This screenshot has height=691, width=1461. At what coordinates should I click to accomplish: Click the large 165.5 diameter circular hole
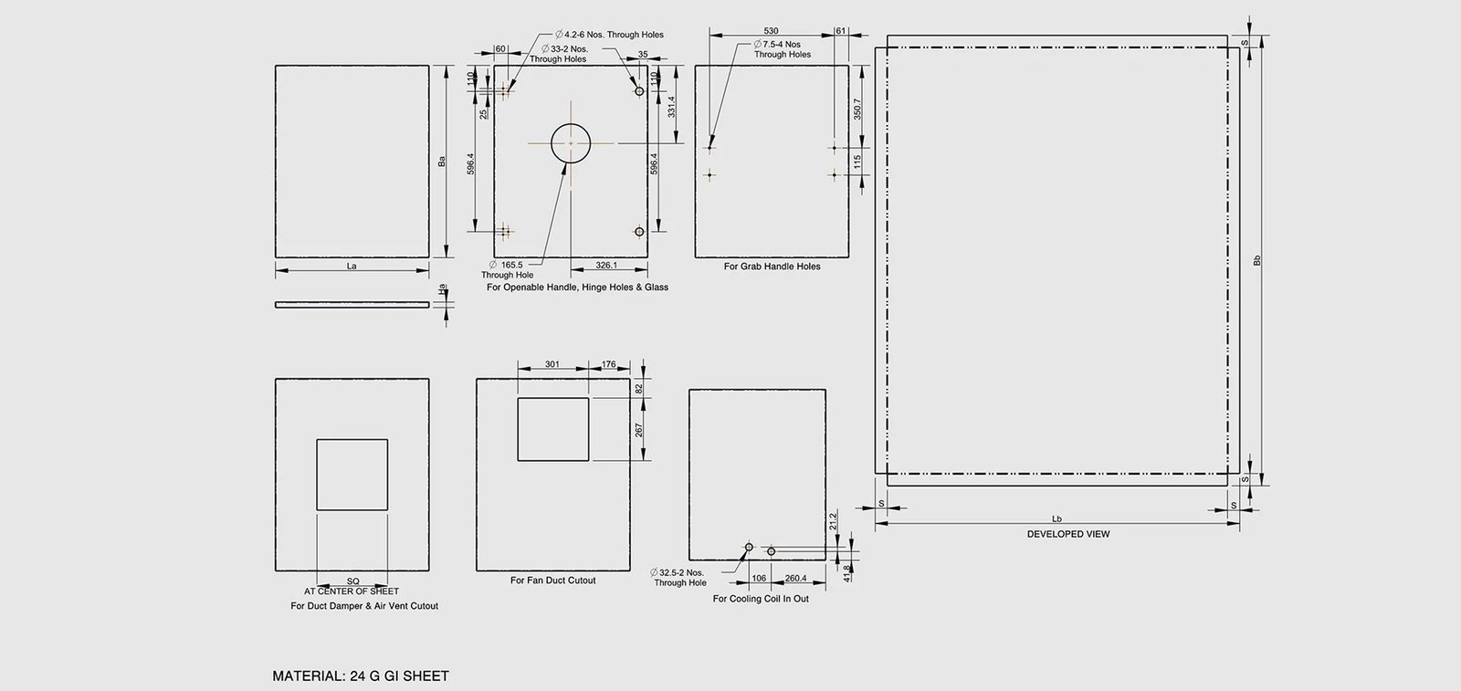(552, 143)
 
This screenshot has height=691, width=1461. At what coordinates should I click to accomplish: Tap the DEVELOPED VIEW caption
(1068, 534)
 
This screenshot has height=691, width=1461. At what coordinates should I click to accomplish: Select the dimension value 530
(771, 31)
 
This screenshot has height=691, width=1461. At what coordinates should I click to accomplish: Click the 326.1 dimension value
(606, 266)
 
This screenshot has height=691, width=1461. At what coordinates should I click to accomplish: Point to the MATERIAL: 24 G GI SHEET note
(361, 676)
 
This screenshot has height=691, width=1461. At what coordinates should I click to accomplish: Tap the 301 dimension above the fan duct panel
(552, 364)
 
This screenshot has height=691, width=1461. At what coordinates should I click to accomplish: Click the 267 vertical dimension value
(638, 430)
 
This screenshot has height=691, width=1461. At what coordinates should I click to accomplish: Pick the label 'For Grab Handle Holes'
(773, 266)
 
